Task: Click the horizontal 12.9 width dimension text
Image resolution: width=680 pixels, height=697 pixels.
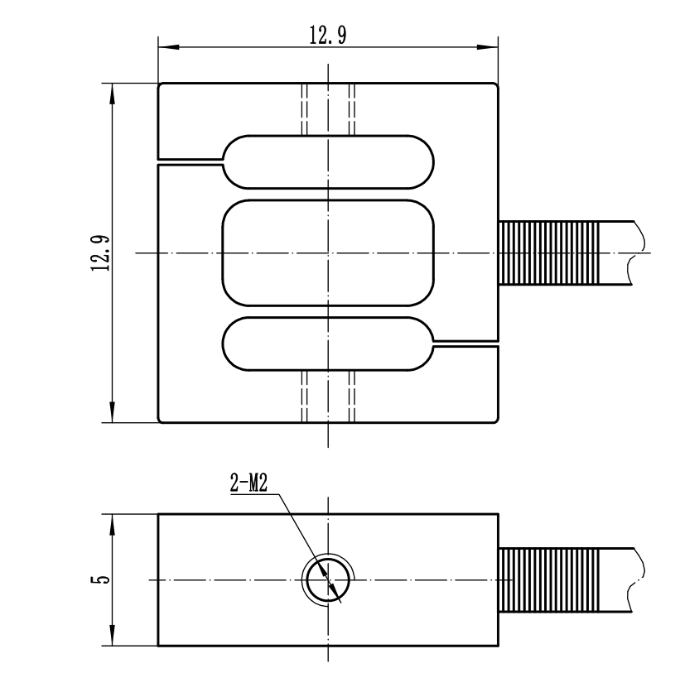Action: click(x=328, y=35)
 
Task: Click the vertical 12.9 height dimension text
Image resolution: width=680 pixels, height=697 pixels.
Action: click(x=100, y=253)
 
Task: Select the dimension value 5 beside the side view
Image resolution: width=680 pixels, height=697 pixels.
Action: click(x=101, y=579)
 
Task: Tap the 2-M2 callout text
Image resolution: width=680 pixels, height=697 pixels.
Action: click(x=248, y=483)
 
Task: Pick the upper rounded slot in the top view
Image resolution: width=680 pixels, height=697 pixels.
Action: click(x=328, y=136)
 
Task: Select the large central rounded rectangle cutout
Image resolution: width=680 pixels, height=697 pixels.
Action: click(x=328, y=200)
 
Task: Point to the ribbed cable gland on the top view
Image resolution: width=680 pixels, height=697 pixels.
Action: click(x=549, y=253)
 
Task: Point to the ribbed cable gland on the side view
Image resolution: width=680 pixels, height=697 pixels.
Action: click(x=549, y=580)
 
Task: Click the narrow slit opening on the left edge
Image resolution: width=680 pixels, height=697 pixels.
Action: click(x=190, y=161)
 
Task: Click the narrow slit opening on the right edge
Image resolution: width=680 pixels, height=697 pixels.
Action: click(x=466, y=344)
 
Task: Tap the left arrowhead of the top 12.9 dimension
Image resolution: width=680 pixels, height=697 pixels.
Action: click(x=169, y=46)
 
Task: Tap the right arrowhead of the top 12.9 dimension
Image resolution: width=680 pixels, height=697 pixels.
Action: click(x=487, y=46)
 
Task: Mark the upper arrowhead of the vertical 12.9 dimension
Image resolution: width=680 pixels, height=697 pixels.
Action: click(x=112, y=94)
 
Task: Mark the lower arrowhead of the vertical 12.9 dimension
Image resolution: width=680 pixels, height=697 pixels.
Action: click(x=112, y=412)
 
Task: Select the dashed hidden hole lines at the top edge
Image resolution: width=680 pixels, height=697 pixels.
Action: click(x=328, y=109)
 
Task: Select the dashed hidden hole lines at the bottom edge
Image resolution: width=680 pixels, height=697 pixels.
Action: click(x=328, y=397)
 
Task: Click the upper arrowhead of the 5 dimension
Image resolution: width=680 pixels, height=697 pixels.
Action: click(x=112, y=525)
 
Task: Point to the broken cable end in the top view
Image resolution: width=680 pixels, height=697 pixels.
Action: click(x=637, y=253)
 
